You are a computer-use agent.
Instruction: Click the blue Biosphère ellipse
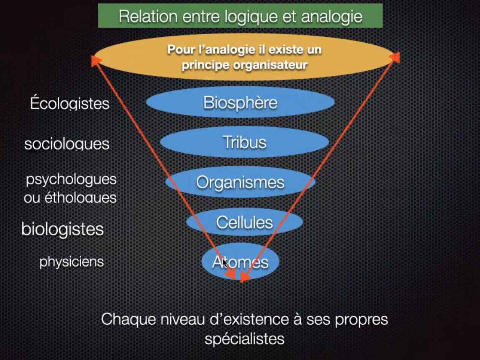[240, 102]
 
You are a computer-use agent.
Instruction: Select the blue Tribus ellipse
[244, 142]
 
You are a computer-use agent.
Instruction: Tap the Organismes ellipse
[240, 182]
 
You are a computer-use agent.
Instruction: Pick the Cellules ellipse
[244, 222]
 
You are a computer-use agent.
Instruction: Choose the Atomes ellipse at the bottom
[240, 262]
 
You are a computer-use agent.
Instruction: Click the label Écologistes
[70, 103]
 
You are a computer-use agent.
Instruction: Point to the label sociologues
[67, 144]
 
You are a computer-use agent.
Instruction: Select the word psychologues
[71, 180]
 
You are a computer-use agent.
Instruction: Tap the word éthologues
[80, 198]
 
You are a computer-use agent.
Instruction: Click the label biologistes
[62, 229]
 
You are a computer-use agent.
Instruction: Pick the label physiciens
[72, 262]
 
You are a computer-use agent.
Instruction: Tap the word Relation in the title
[148, 16]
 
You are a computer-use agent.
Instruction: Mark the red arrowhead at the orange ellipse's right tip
[396, 57]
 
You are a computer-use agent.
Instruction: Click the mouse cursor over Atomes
[225, 263]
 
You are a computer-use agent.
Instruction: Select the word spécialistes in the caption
[244, 339]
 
